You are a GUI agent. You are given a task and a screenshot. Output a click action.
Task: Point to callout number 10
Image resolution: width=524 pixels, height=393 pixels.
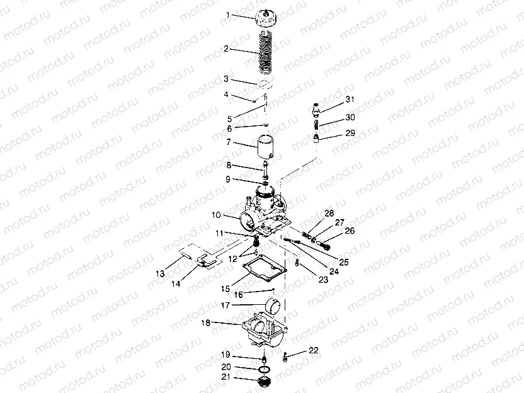217,215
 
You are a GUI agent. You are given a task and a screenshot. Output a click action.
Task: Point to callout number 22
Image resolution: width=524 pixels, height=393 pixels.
314,351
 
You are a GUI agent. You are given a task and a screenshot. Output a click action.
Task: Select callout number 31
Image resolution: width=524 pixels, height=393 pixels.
350,100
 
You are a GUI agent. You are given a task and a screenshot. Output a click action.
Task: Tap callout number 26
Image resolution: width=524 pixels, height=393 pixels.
350,231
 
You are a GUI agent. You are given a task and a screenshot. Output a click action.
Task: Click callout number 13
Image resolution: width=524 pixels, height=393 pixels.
160,273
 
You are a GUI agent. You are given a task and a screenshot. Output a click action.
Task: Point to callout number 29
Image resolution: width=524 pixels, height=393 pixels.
350,133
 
